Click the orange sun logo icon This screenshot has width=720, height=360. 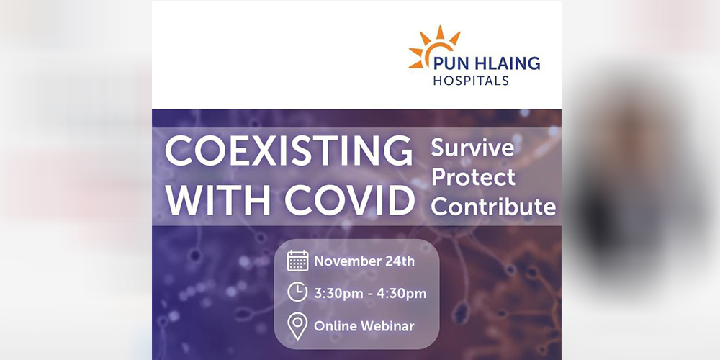coord(433,46)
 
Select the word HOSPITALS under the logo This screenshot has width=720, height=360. coord(471,81)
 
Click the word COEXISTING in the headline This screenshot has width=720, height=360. coord(289,151)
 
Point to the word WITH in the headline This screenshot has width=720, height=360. coord(218,201)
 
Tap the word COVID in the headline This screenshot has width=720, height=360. coord(349,201)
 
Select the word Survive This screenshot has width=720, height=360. coord(472,148)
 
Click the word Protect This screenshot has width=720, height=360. coord(473,177)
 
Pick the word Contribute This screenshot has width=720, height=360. coord(494,207)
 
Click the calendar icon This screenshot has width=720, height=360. coord(297,261)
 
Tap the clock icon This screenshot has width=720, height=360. coord(297,292)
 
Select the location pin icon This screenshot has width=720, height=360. coord(297,326)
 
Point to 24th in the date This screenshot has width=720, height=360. coord(401,261)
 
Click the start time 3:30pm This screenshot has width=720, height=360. coord(338,294)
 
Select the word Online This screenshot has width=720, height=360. coord(336,326)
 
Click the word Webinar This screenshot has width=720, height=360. coord(388,326)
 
